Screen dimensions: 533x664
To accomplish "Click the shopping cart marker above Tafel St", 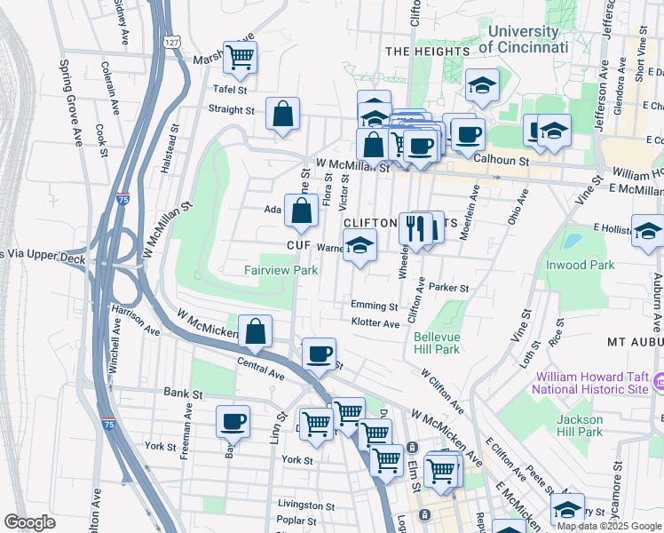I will click(x=240, y=58).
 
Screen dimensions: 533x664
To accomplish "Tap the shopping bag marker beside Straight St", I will click(x=282, y=115).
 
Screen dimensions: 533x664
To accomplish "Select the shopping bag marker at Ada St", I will click(x=302, y=211).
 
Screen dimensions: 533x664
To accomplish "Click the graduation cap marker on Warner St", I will click(x=360, y=246).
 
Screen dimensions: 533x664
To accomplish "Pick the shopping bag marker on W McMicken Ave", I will click(x=256, y=331).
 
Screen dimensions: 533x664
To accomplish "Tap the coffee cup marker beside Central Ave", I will click(x=319, y=354).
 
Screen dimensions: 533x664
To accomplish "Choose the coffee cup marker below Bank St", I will click(x=233, y=421).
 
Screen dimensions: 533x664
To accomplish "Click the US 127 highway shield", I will click(x=172, y=42).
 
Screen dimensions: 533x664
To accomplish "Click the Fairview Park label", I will click(x=281, y=269).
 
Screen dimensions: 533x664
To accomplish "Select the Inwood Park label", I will click(x=580, y=264).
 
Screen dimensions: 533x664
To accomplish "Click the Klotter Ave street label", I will click(x=375, y=323).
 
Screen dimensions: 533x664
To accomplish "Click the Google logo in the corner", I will click(x=29, y=522).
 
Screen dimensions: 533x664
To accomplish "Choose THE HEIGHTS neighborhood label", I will click(x=427, y=52).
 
